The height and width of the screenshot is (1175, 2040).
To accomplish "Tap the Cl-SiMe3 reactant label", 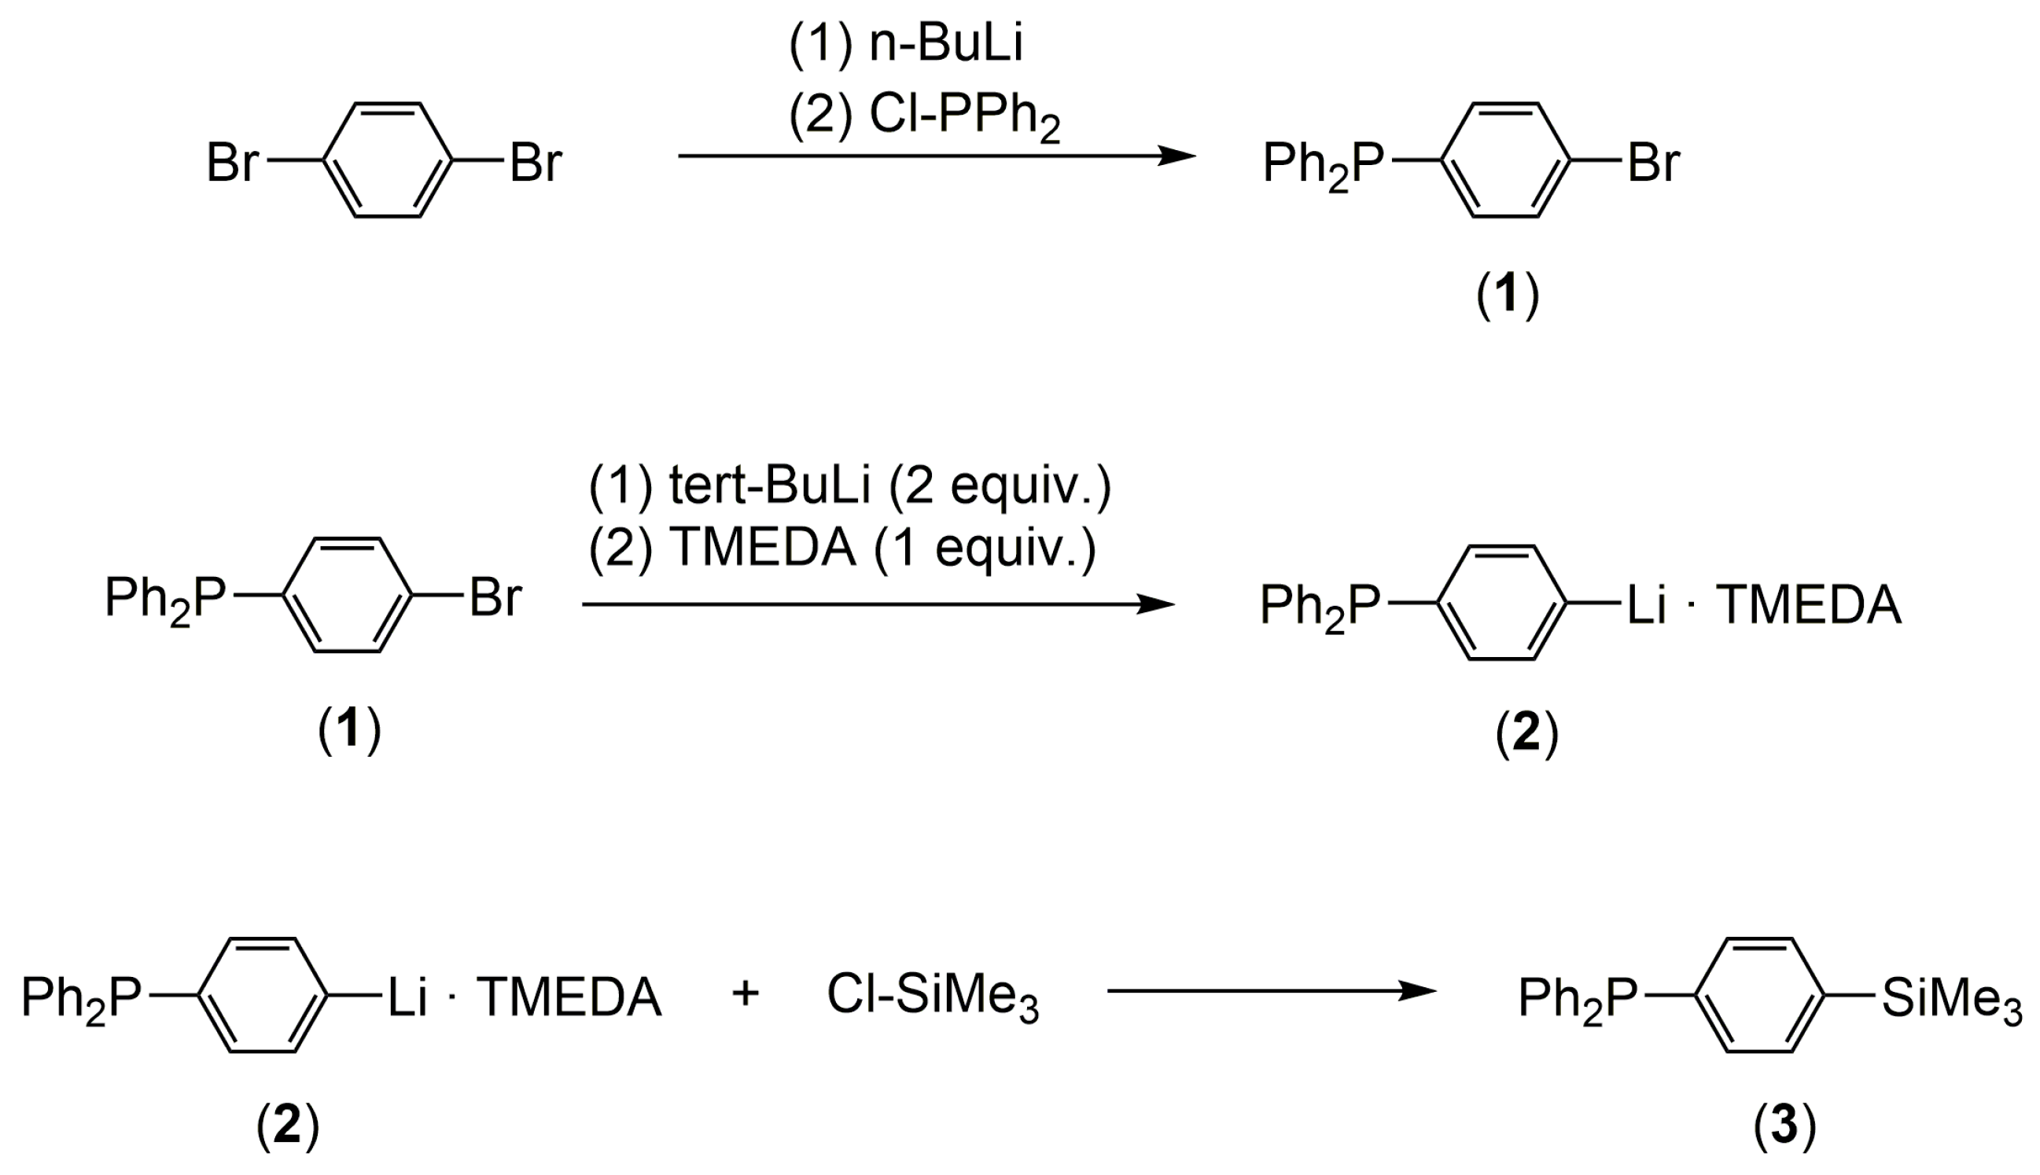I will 933,997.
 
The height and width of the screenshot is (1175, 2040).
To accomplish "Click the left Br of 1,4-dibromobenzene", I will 233,162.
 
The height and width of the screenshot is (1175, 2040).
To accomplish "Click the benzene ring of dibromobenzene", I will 388,160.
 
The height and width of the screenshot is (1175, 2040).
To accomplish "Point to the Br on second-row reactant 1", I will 495,598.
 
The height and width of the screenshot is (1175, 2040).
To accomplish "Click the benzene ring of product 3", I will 1759,995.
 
